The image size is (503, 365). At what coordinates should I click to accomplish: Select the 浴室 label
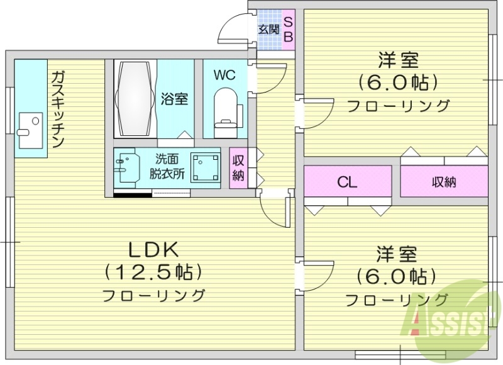point(174,99)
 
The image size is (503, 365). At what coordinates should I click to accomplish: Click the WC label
point(224,75)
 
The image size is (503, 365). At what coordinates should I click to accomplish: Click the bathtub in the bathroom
point(134,99)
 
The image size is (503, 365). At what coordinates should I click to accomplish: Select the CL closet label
point(347,183)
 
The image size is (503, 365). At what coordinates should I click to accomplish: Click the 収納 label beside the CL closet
point(444,182)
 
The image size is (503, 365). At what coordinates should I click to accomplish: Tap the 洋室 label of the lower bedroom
point(397,254)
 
